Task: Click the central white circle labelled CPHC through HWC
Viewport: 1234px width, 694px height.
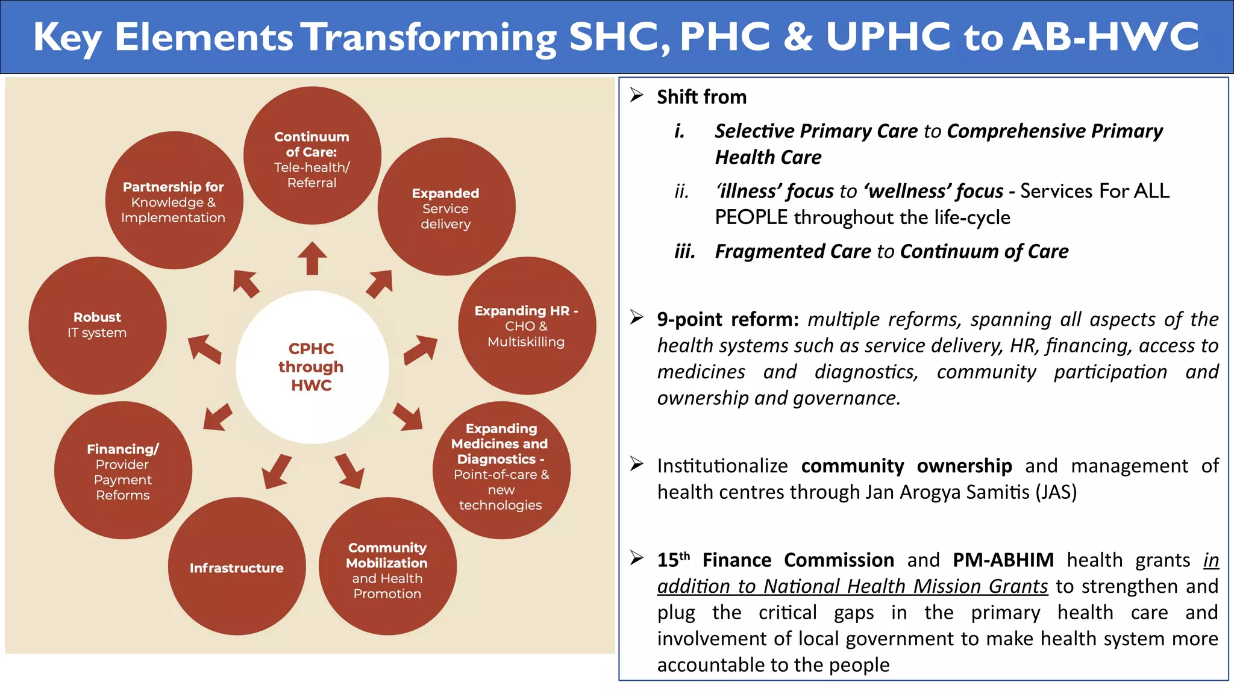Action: (x=312, y=367)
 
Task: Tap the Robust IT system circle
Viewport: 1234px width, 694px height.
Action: (x=98, y=325)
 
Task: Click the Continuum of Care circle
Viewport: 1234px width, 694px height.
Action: (x=312, y=155)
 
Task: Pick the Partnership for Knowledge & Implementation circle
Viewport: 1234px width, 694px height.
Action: (x=174, y=200)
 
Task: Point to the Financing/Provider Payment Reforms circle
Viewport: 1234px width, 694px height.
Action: (x=123, y=470)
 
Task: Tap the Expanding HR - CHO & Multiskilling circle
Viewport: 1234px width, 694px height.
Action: (x=527, y=325)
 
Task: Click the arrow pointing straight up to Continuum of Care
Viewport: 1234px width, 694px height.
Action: (x=312, y=258)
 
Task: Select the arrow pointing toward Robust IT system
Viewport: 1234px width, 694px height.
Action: (x=204, y=349)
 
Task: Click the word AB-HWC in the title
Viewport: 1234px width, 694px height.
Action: (x=1106, y=37)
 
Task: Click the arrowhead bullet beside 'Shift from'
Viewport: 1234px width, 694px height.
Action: (x=637, y=95)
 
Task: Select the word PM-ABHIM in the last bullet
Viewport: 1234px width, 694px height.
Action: (x=1003, y=560)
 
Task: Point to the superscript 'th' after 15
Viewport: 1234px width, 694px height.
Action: (x=685, y=555)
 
